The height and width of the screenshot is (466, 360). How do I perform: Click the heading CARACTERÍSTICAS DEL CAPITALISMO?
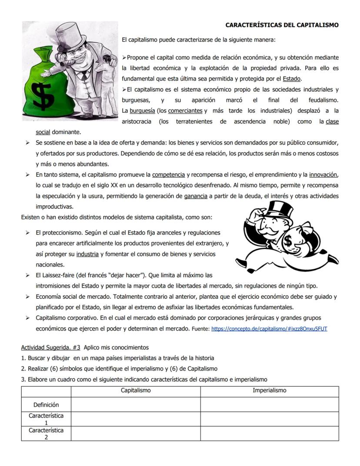282,25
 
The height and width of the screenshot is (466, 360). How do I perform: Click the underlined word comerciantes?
185,111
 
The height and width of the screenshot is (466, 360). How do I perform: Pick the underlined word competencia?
168,175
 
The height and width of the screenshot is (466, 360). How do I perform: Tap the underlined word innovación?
323,175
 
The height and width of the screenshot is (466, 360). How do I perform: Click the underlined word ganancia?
196,196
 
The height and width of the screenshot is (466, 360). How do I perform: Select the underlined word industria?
87,254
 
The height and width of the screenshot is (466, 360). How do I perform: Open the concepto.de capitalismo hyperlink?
269,329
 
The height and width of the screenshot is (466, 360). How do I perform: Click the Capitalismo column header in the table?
136,391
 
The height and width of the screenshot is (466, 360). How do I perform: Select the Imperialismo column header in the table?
270,391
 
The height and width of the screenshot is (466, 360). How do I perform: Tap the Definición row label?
46,405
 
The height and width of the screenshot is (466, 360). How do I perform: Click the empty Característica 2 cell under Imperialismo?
270,433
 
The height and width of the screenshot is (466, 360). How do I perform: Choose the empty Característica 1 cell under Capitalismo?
136,419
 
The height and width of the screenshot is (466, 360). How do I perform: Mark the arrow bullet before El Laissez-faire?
27,275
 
